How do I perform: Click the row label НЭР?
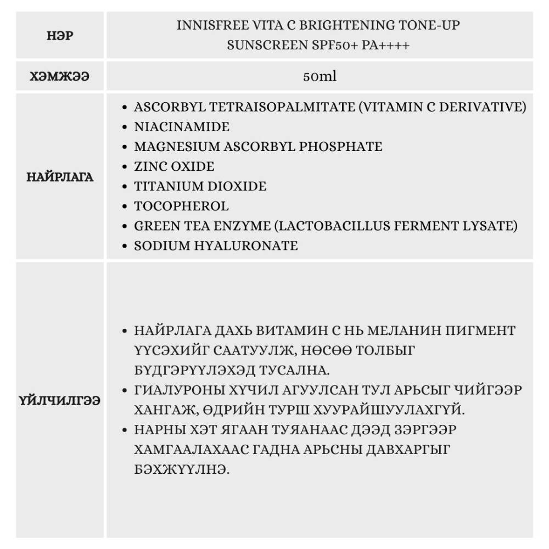pyautogui.click(x=60, y=36)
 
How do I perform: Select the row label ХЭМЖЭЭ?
pyautogui.click(x=60, y=77)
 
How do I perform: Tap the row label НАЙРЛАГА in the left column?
pyautogui.click(x=60, y=177)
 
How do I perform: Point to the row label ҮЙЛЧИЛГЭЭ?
pyautogui.click(x=60, y=400)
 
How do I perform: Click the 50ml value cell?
pyautogui.click(x=320, y=77)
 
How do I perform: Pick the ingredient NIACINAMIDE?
pyautogui.click(x=182, y=127)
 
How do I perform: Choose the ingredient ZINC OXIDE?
pyautogui.click(x=174, y=166)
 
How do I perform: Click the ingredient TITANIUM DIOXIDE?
pyautogui.click(x=200, y=186)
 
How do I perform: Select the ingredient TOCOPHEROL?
pyautogui.click(x=181, y=206)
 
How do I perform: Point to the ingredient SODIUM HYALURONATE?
pyautogui.click(x=216, y=246)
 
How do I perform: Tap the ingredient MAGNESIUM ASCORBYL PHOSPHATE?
pyautogui.click(x=258, y=147)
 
